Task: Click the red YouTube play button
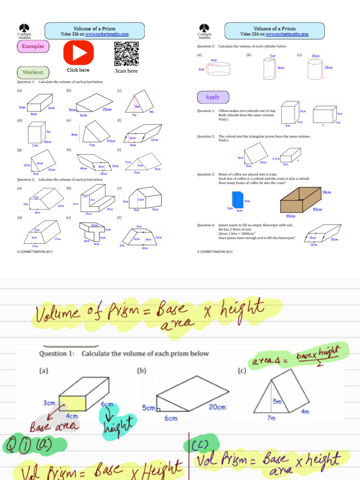tap(78, 52)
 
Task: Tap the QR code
tap(126, 53)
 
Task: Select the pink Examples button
tap(33, 46)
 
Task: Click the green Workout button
tap(33, 72)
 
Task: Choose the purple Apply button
tap(212, 97)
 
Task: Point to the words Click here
tap(78, 70)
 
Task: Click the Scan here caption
tap(127, 71)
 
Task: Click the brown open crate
tap(300, 200)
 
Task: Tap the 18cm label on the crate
tap(326, 192)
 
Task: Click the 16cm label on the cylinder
tap(281, 67)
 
